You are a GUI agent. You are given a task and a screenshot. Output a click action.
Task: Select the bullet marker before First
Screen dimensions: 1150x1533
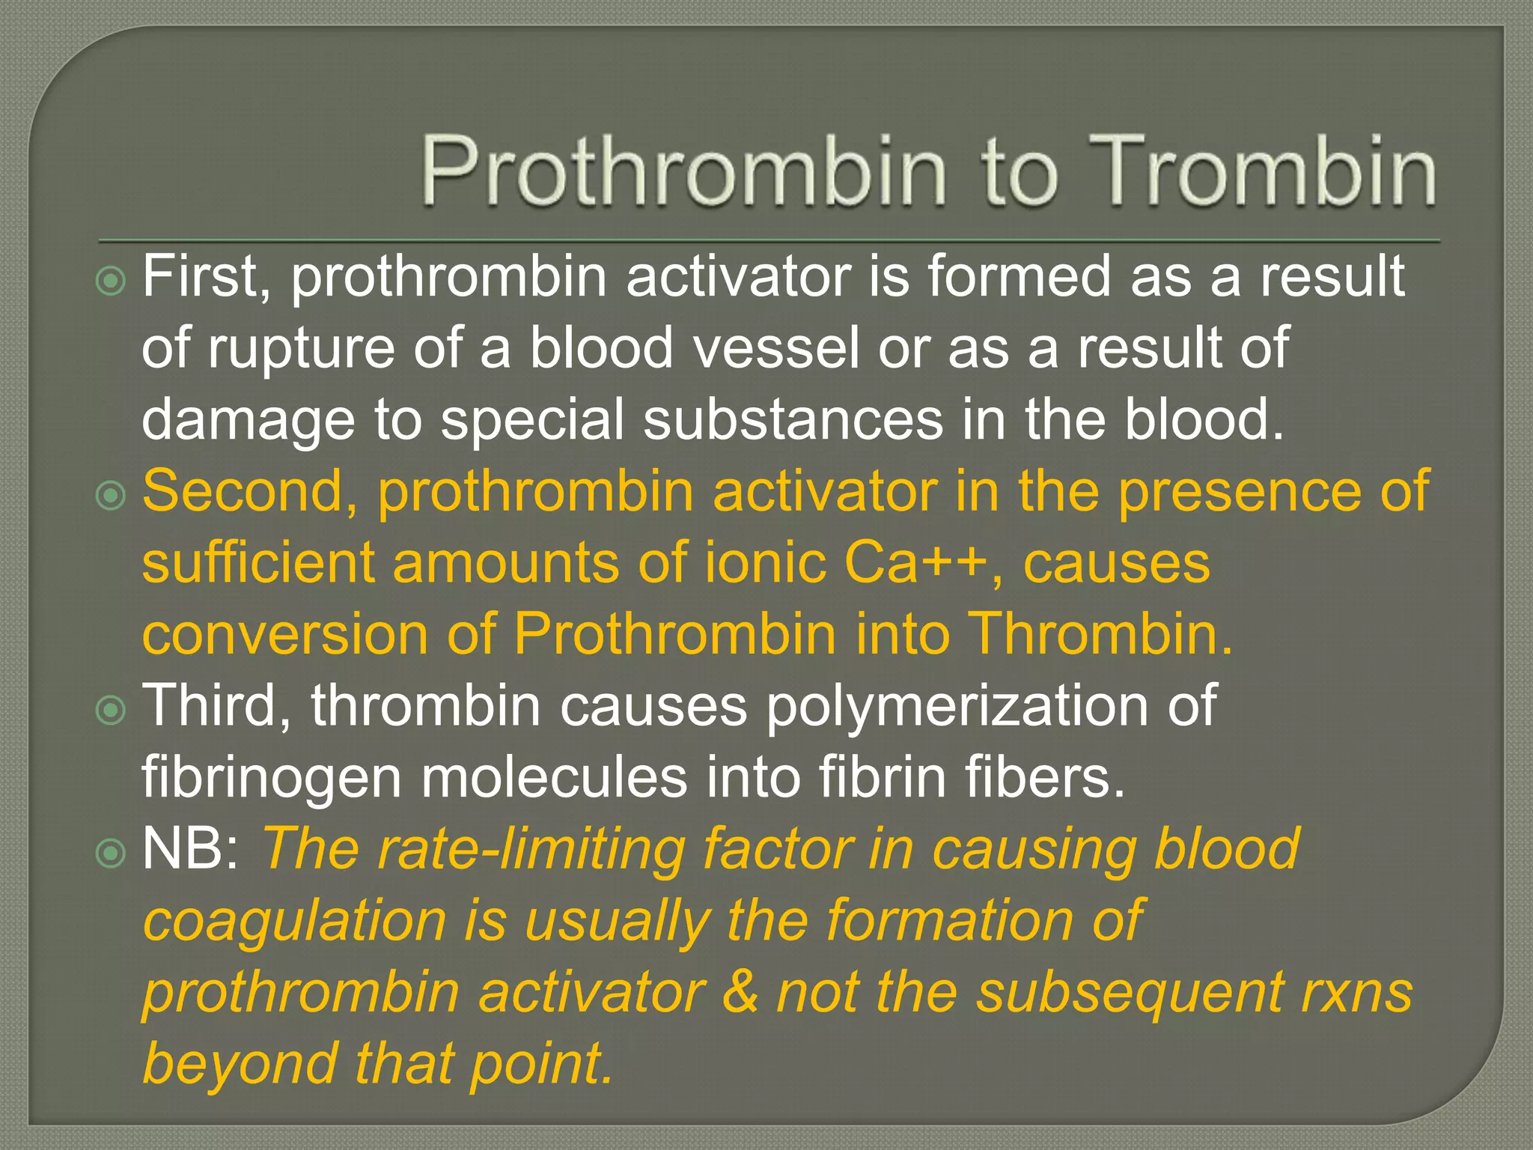pos(112,281)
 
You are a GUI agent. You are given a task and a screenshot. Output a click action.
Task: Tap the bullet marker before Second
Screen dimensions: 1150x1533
pos(112,496)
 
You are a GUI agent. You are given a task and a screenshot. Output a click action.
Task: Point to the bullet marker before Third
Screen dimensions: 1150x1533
pos(112,711)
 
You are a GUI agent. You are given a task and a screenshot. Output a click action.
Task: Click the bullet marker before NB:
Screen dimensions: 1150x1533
pos(112,853)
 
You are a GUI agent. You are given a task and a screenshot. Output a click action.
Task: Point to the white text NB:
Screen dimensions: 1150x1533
pos(190,849)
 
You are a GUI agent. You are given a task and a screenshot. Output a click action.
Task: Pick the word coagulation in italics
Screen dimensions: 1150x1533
pos(294,921)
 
